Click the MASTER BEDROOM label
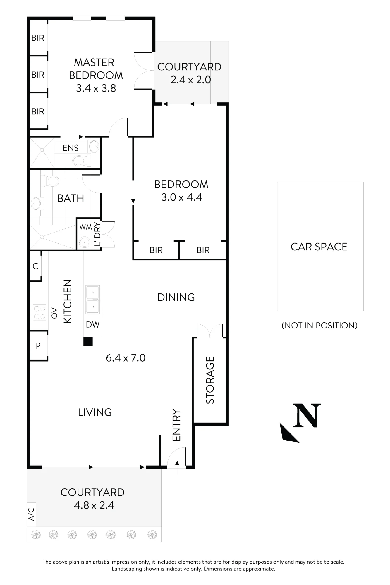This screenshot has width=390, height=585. coord(96,69)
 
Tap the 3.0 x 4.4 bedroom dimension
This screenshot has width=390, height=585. coord(182,197)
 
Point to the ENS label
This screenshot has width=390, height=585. coord(71,148)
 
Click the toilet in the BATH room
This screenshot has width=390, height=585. coord(50,181)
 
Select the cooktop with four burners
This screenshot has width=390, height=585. coord(39,312)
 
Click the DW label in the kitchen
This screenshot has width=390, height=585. coord(93,324)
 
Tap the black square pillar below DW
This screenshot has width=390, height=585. coord(88,341)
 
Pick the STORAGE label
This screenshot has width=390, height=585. coord(210,380)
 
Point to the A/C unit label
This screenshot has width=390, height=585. coord(32,514)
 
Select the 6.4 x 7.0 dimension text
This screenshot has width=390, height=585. coord(126,358)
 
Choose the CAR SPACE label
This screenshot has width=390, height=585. coord(319,247)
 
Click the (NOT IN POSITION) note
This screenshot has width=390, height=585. coord(319,326)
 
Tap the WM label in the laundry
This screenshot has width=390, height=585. coord(85,227)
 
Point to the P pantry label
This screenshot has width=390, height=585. coord(38,346)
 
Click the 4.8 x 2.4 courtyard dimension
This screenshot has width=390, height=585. coord(94,505)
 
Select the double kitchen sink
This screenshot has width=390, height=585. coord(93,300)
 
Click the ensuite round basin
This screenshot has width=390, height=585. coord(94,146)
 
